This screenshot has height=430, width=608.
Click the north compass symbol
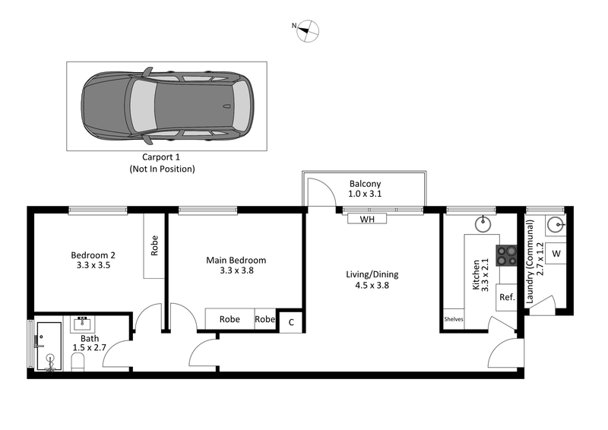[309, 30]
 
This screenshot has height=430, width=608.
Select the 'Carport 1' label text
[161, 157]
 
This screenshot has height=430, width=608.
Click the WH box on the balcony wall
[366, 219]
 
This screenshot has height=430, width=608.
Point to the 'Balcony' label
[365, 184]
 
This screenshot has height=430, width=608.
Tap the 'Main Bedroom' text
[236, 260]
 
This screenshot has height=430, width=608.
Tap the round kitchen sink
[483, 224]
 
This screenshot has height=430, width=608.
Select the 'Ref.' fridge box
[506, 297]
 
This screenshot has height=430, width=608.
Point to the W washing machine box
[556, 253]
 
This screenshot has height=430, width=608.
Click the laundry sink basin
[556, 224]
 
